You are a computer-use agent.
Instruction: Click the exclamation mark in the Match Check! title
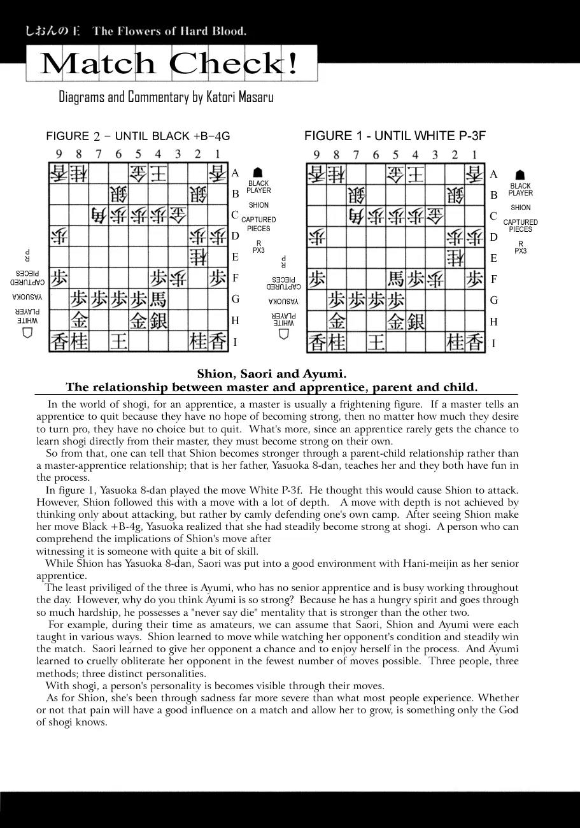(292, 64)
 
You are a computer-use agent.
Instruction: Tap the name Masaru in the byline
(250, 97)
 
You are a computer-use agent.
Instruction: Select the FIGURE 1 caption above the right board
(395, 136)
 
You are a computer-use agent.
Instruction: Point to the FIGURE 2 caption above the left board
(138, 136)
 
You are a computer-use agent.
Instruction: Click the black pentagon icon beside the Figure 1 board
(520, 175)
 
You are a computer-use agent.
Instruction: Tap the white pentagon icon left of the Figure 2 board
(27, 332)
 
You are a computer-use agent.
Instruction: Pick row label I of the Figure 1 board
(493, 344)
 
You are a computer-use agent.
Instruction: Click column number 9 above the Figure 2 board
(59, 153)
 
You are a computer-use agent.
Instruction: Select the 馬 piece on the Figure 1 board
(396, 278)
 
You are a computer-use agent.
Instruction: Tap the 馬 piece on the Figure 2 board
(158, 299)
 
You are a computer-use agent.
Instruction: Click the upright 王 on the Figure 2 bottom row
(118, 342)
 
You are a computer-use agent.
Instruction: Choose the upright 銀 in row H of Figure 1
(416, 321)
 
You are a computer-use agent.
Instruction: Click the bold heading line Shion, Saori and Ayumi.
(272, 374)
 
